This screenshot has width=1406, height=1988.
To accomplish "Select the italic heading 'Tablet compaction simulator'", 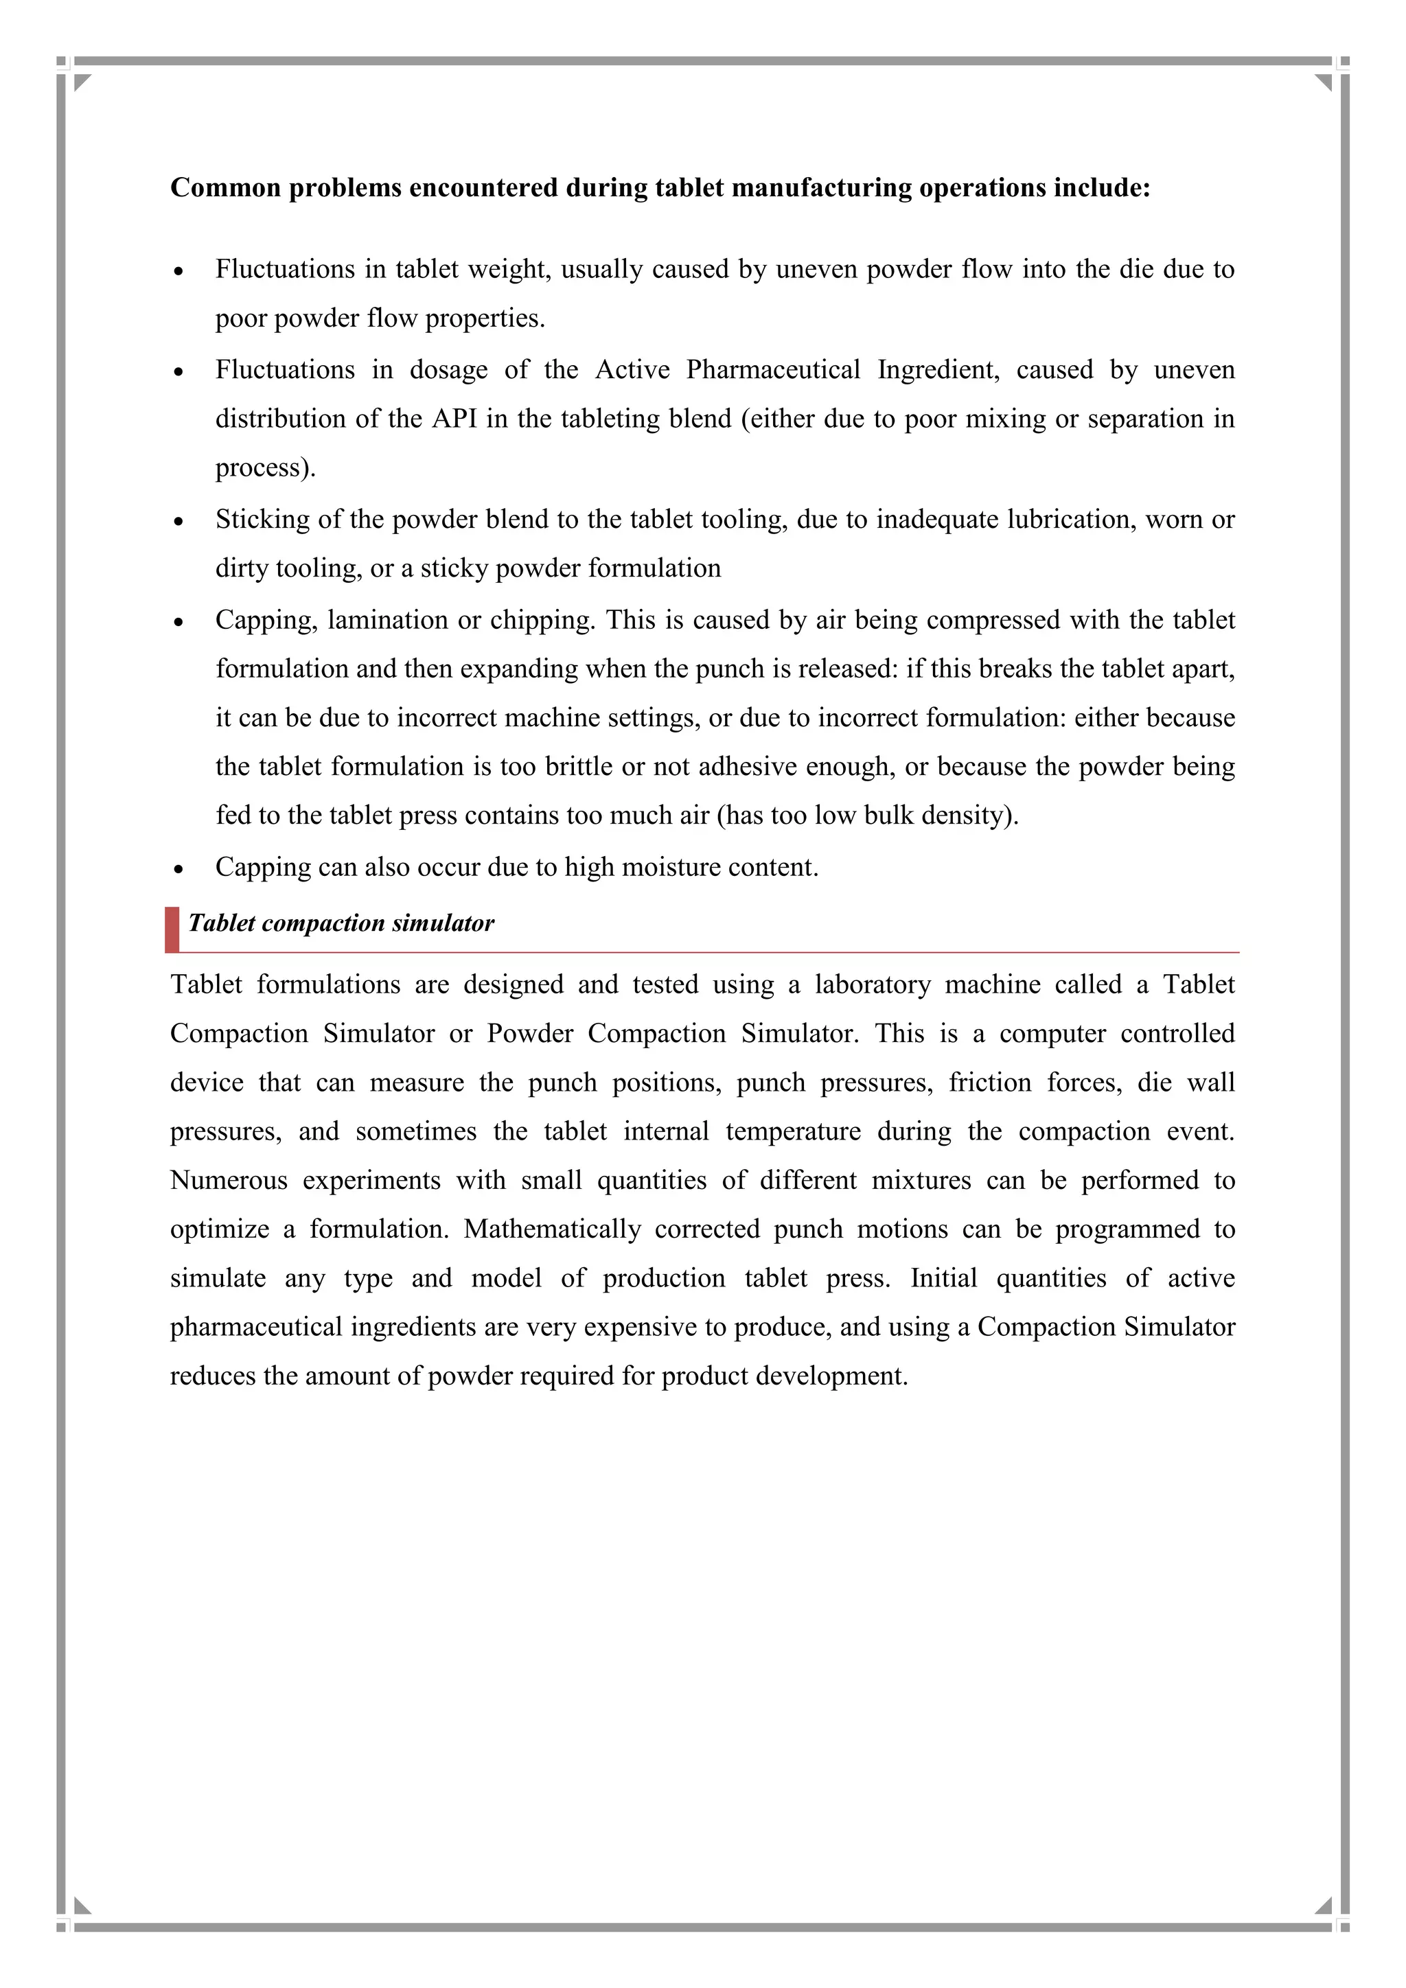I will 341,923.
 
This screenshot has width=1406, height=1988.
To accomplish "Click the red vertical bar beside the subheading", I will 172,929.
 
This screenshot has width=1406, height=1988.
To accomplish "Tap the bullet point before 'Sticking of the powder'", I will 178,522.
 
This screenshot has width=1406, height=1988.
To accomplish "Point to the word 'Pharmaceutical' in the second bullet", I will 772,370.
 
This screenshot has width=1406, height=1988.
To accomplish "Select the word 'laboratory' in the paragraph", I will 872,984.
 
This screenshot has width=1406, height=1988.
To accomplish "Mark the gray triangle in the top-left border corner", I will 82,82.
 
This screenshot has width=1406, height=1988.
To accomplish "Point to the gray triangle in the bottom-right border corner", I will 1324,1905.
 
